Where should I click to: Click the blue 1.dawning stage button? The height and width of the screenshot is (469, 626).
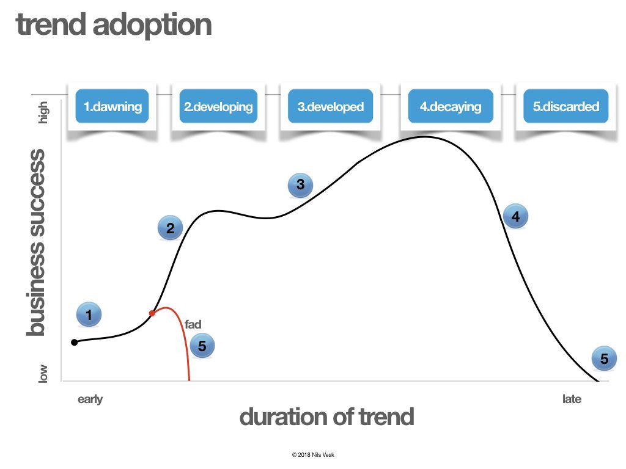pyautogui.click(x=112, y=106)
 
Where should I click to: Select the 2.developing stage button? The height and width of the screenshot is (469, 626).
pyautogui.click(x=218, y=106)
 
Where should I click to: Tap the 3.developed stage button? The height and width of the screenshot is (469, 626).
pyautogui.click(x=330, y=106)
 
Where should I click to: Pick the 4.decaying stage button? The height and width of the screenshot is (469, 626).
pyautogui.click(x=450, y=106)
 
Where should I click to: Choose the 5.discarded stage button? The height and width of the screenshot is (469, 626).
pyautogui.click(x=565, y=106)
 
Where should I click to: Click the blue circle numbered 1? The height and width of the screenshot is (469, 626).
pyautogui.click(x=89, y=315)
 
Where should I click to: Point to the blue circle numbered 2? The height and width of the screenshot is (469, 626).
pyautogui.click(x=170, y=228)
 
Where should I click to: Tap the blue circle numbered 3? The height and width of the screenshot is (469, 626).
pyautogui.click(x=300, y=184)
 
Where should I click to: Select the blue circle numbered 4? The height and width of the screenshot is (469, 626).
pyautogui.click(x=515, y=216)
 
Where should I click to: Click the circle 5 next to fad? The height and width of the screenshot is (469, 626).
pyautogui.click(x=202, y=346)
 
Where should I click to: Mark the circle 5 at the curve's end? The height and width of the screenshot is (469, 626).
pyautogui.click(x=604, y=358)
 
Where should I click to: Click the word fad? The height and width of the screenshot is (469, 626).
pyautogui.click(x=193, y=324)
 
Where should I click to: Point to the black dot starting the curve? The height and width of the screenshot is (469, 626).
pyautogui.click(x=75, y=342)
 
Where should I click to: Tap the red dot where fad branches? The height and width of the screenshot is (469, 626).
pyautogui.click(x=152, y=313)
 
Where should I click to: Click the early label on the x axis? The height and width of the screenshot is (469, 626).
pyautogui.click(x=90, y=399)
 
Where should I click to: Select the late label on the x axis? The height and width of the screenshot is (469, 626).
pyautogui.click(x=572, y=399)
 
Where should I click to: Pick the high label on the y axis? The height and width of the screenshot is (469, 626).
pyautogui.click(x=43, y=112)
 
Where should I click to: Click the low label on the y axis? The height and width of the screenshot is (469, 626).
pyautogui.click(x=43, y=373)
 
